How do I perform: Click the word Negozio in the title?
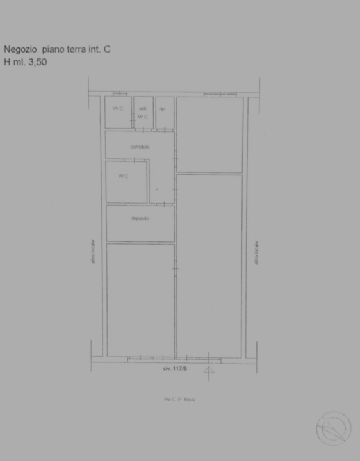click(x=20, y=49)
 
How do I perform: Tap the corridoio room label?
click(x=140, y=147)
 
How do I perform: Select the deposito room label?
click(x=140, y=219)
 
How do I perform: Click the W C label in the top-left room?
click(x=118, y=109)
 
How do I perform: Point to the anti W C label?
click(x=143, y=113)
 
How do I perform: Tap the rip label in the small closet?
click(x=162, y=109)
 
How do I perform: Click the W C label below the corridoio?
click(x=123, y=177)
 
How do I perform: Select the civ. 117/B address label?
click(x=174, y=369)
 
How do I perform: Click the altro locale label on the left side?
click(x=93, y=252)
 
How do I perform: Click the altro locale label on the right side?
click(x=257, y=252)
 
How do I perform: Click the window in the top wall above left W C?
click(x=116, y=94)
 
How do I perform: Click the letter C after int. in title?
click(x=108, y=49)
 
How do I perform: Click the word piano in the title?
click(x=53, y=49)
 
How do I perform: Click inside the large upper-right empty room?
click(x=209, y=134)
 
